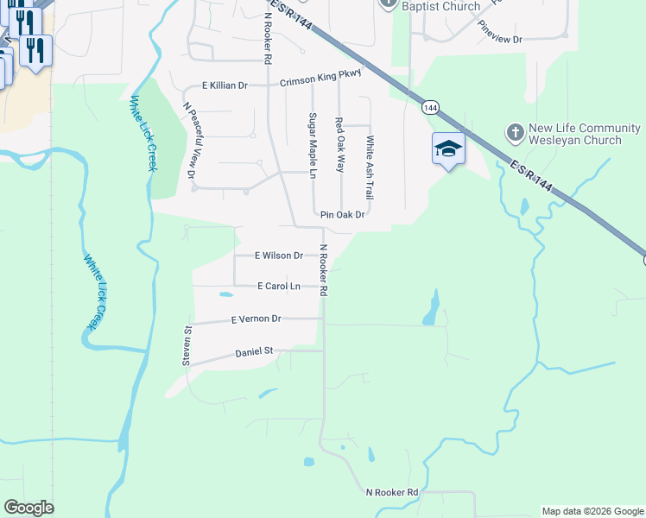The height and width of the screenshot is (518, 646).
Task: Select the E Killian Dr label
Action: [225, 85]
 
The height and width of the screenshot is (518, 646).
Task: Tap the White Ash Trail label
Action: [370, 162]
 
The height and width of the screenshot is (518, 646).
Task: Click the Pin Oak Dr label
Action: [343, 215]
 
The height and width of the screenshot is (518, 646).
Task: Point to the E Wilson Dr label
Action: [279, 256]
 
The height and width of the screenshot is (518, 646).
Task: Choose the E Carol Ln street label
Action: [278, 286]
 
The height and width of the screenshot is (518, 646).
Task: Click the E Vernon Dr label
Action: [256, 319]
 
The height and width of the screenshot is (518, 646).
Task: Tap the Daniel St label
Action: [254, 351]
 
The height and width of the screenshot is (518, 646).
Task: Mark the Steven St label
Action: [186, 346]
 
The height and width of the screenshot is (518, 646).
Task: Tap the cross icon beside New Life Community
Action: [515, 132]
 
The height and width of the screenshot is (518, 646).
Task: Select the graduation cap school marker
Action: [449, 148]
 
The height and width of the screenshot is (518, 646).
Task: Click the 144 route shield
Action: [430, 108]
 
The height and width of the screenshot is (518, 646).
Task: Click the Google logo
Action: [29, 508]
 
